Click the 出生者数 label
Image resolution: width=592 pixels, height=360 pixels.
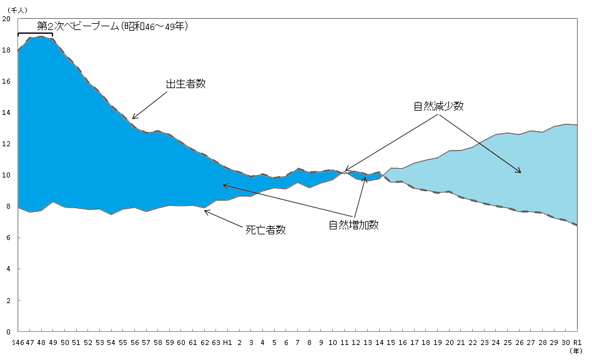(185, 84)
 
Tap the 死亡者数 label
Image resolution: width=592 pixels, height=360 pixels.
(265, 229)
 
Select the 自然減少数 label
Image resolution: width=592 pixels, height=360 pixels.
(438, 106)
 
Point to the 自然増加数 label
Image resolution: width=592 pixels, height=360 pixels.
(353, 225)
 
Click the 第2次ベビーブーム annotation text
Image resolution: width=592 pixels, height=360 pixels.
(112, 26)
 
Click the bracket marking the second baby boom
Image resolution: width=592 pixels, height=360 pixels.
(35, 34)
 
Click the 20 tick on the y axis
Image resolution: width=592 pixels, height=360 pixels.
(7, 19)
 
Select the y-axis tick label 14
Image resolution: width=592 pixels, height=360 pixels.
(7, 112)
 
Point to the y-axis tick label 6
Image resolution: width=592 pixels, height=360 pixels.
(9, 238)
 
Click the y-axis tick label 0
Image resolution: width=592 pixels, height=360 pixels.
(9, 332)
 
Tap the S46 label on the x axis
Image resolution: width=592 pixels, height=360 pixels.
(17, 342)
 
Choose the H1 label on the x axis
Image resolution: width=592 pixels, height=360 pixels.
(227, 342)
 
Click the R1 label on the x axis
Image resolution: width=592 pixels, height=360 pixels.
(577, 342)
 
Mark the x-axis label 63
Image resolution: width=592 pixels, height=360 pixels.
(216, 342)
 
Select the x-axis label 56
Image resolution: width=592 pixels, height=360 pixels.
(134, 342)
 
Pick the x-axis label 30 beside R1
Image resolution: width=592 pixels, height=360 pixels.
(566, 342)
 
